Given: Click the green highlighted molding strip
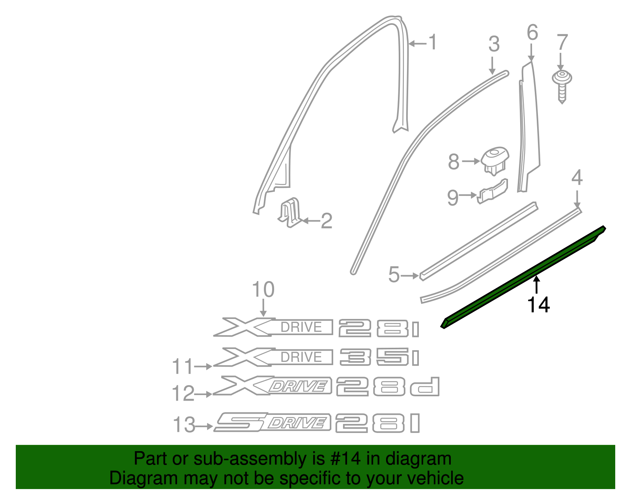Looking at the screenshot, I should [525, 276].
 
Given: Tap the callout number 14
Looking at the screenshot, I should [538, 305].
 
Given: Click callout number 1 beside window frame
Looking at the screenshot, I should [433, 42].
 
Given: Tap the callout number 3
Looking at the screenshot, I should [494, 44].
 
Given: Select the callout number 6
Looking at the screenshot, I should [532, 32].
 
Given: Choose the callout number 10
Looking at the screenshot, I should [263, 290].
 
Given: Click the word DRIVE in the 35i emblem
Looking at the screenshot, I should [301, 357].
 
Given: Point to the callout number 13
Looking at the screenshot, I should [184, 425].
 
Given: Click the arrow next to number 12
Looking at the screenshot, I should [204, 394].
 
